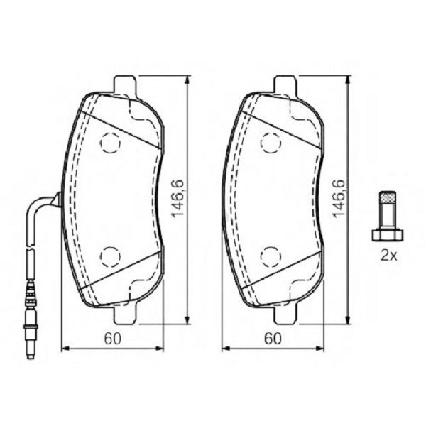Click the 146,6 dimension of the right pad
click(x=339, y=199)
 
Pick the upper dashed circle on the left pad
click(x=110, y=143)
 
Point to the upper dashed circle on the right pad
click(x=270, y=143)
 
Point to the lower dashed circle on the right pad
click(x=270, y=255)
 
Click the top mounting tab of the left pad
click(x=124, y=84)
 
